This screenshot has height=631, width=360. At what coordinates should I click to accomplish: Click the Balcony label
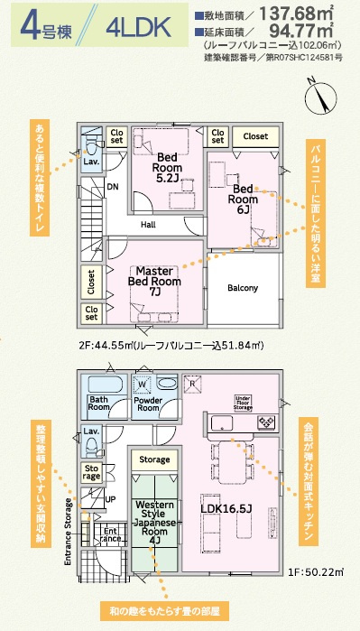(243, 288)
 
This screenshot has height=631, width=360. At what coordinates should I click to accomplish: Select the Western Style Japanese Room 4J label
(153, 521)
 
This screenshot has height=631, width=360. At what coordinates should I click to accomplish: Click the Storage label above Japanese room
(154, 460)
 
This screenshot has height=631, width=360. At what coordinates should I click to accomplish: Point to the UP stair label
(111, 498)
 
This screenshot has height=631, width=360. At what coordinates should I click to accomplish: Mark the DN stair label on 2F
(113, 187)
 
